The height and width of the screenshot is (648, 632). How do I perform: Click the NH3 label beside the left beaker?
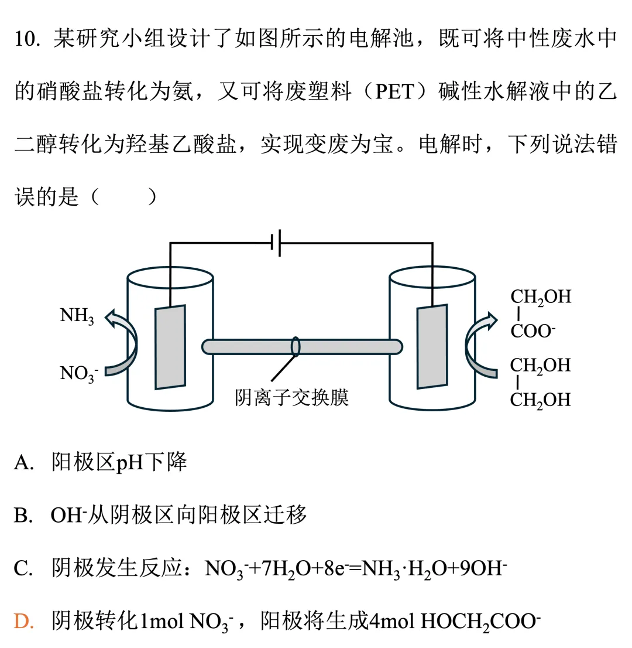coord(77,316)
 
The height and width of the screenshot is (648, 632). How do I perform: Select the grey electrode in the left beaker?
coord(170,347)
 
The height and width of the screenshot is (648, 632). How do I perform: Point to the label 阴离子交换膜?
coord(291,398)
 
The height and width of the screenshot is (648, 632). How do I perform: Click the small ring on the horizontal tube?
coord(296,346)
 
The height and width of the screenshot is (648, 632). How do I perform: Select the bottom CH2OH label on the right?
coord(540,400)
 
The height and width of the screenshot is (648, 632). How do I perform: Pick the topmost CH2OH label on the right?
coord(540,297)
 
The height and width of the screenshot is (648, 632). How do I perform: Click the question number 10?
coord(27,40)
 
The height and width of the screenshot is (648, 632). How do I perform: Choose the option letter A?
coord(23,463)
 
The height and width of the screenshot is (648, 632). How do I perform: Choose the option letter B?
coord(23,516)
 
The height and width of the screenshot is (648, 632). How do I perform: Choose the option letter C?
coord(23,568)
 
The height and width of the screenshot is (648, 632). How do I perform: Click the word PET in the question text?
coord(394,93)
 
